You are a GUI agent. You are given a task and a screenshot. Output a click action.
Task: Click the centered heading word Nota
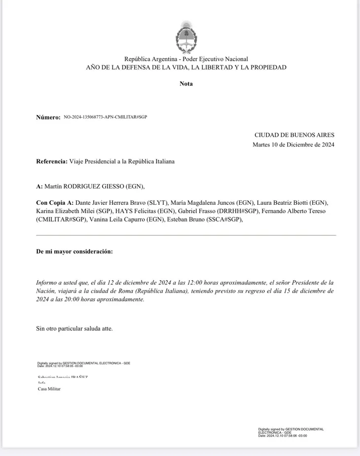coord(186,83)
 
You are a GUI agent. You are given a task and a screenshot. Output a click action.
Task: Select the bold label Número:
coord(48,117)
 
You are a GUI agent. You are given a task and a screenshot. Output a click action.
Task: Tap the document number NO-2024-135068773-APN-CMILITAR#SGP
coord(106,117)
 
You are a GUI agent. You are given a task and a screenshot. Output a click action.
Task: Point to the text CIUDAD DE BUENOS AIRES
coord(294,135)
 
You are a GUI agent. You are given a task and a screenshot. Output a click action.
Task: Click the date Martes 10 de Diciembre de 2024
coord(293,145)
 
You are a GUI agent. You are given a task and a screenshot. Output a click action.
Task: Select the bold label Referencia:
coord(52,161)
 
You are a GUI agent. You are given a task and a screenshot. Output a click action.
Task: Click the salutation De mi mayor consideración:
coord(74,252)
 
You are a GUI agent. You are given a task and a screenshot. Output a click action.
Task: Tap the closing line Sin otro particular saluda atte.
coord(74,328)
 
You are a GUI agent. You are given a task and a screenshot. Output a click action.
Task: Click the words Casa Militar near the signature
coord(49,389)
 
